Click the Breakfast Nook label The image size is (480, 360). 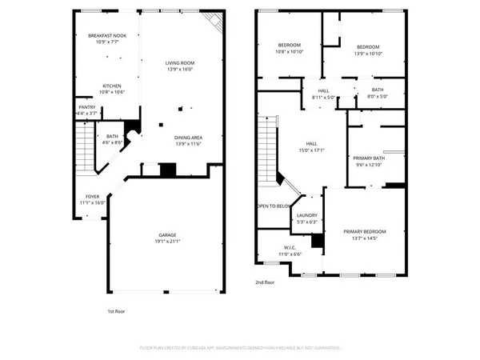click(107, 35)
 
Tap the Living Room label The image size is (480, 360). click(180, 62)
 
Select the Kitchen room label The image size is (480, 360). click(111, 86)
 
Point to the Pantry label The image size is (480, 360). click(87, 106)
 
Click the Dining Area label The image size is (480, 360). click(189, 138)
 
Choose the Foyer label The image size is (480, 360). click(94, 196)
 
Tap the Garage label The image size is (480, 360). click(166, 234)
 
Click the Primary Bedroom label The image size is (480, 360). click(365, 232)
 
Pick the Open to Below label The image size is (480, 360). click(273, 206)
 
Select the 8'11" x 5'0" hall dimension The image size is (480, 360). click(323, 97)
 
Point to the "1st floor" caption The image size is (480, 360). click(116, 311)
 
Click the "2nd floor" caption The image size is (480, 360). click(265, 282)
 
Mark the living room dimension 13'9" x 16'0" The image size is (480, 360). click(180, 69)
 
